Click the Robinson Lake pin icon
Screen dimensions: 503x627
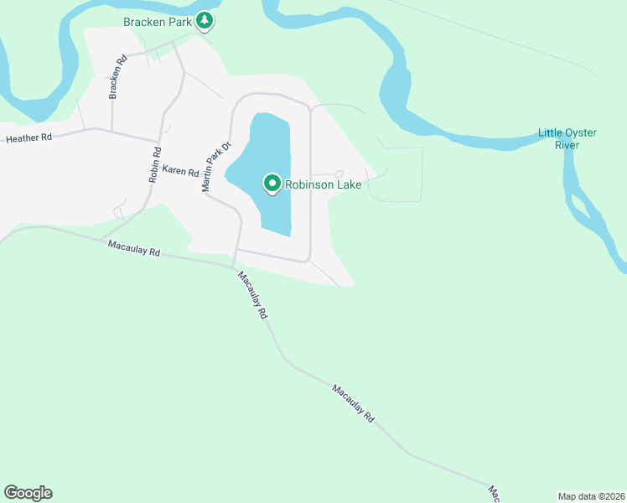click(272, 182)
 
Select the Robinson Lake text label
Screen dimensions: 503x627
click(324, 184)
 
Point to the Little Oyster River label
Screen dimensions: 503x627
click(567, 139)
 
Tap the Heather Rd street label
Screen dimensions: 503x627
click(28, 137)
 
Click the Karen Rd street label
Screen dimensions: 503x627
click(180, 171)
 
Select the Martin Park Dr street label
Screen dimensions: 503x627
click(215, 167)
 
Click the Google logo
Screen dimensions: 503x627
click(28, 493)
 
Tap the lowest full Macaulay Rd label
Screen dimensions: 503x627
click(353, 403)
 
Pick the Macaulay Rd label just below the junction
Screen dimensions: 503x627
click(251, 295)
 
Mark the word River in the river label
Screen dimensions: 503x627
click(567, 145)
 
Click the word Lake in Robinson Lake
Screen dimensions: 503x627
click(348, 184)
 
